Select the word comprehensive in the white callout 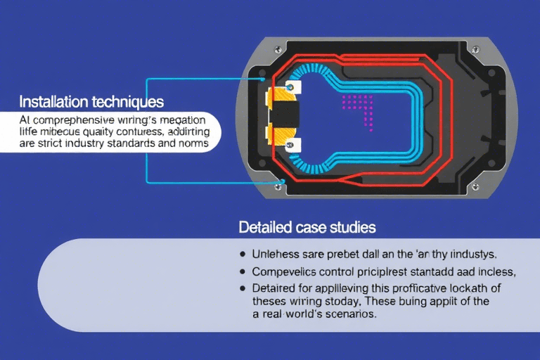pyautogui.click(x=67, y=119)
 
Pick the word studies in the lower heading pyautogui.click(x=352, y=228)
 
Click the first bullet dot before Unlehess pyautogui.click(x=243, y=252)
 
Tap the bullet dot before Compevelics pyautogui.click(x=243, y=271)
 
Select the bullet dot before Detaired pyautogui.click(x=243, y=288)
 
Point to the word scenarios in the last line pyautogui.click(x=347, y=315)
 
